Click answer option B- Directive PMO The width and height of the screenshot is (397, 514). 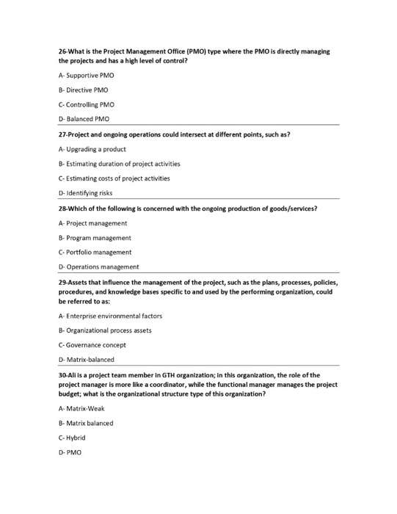(x=84, y=90)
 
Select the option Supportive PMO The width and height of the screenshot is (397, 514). (x=86, y=75)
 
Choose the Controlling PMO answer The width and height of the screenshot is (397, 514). (x=86, y=104)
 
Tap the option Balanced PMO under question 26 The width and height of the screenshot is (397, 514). (x=84, y=118)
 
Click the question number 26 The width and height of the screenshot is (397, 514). (x=63, y=51)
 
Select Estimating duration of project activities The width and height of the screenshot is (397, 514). (x=119, y=164)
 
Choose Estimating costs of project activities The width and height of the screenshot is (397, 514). (x=114, y=178)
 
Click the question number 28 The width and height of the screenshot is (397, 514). (x=63, y=209)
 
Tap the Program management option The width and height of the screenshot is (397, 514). (x=95, y=238)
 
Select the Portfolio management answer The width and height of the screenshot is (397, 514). (x=95, y=252)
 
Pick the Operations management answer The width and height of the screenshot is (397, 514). (x=98, y=267)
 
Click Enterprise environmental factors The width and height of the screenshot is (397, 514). (x=110, y=316)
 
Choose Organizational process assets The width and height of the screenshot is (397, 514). (x=105, y=330)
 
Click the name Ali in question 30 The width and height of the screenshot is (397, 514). (x=73, y=374)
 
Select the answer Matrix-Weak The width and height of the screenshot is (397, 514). (x=81, y=409)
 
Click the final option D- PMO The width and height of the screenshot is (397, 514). (x=70, y=452)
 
